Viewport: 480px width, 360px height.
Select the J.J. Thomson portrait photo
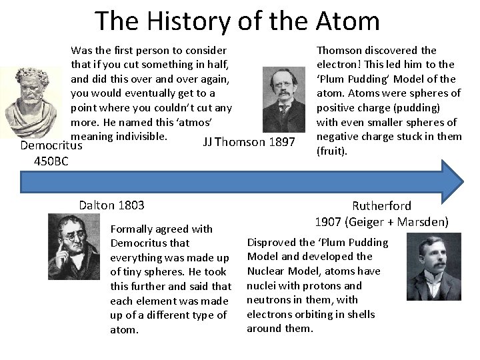pos(283,99)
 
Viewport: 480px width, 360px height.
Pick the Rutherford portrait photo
pos(434,266)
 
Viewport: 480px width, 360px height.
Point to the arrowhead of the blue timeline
pos(452,181)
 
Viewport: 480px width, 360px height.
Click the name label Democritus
pos(51,145)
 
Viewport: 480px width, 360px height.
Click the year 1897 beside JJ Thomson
pos(281,141)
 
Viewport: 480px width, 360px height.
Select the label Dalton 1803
pos(111,205)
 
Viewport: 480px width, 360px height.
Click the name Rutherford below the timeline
pos(381,206)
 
